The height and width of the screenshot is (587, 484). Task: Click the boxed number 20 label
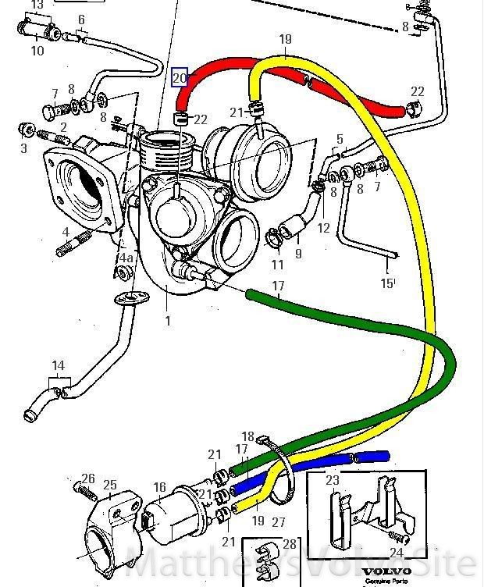180,77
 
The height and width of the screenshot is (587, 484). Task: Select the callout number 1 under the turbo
166,320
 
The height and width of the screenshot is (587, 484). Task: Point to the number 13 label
36,5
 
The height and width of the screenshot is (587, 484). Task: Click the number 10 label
37,52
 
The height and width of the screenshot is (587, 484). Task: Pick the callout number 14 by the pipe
58,365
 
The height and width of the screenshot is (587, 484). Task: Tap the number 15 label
386,283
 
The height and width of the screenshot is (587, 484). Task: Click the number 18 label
248,436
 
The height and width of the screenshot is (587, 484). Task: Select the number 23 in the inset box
333,481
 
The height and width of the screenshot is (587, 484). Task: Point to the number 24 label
396,553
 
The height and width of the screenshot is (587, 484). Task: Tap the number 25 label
109,485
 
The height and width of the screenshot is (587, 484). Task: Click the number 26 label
88,478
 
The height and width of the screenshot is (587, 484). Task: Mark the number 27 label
279,521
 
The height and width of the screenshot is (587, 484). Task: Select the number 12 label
323,228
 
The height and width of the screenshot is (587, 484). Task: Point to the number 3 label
23,148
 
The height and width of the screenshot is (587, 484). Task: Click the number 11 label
278,265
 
